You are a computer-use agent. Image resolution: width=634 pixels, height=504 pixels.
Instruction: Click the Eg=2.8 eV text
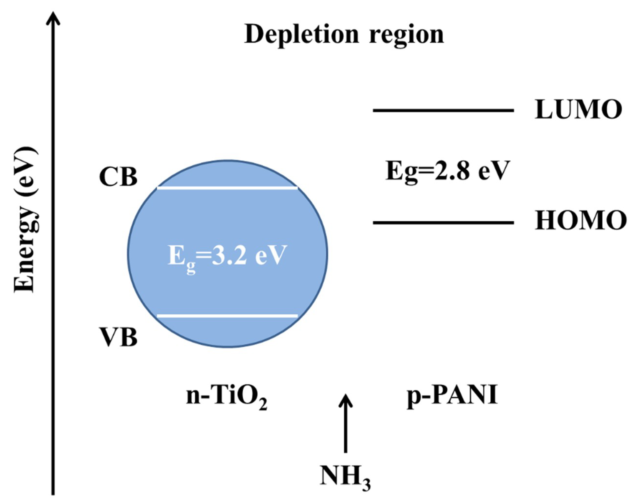pos(447,172)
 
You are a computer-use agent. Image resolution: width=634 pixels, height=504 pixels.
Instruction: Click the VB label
pos(118,337)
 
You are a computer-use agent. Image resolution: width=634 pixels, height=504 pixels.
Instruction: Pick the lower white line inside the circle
pos(227,316)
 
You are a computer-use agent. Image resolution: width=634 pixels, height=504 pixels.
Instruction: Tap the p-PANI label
pos(452,396)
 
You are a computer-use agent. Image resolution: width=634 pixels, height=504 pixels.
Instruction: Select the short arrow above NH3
pos(346,423)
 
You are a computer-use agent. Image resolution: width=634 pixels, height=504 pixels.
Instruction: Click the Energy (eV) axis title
pos(26,219)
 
